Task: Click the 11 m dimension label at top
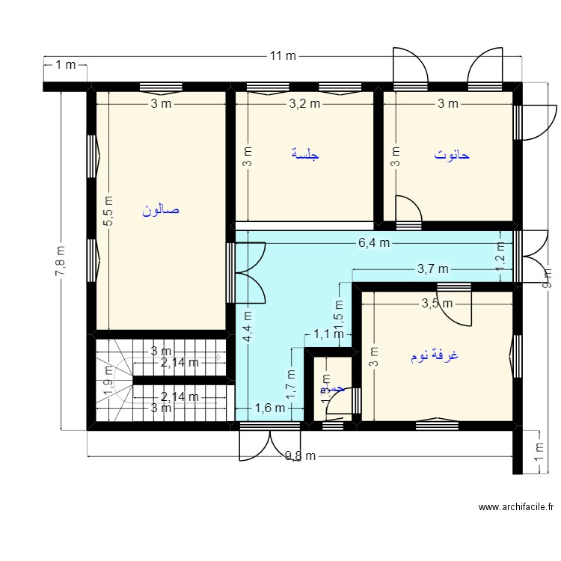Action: [x=283, y=56]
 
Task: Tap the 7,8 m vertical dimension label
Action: [x=60, y=260]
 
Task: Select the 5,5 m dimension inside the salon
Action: [x=108, y=212]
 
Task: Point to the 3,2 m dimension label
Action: [x=304, y=104]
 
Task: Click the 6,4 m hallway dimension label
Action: [x=373, y=242]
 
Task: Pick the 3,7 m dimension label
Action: [x=432, y=269]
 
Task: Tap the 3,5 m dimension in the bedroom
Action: [x=437, y=303]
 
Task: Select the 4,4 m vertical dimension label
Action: [x=248, y=326]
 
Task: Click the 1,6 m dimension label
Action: [x=270, y=408]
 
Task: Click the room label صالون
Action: [x=161, y=210]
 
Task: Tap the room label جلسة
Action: [x=305, y=155]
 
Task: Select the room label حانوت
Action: [x=451, y=155]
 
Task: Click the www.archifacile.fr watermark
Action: [x=515, y=506]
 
